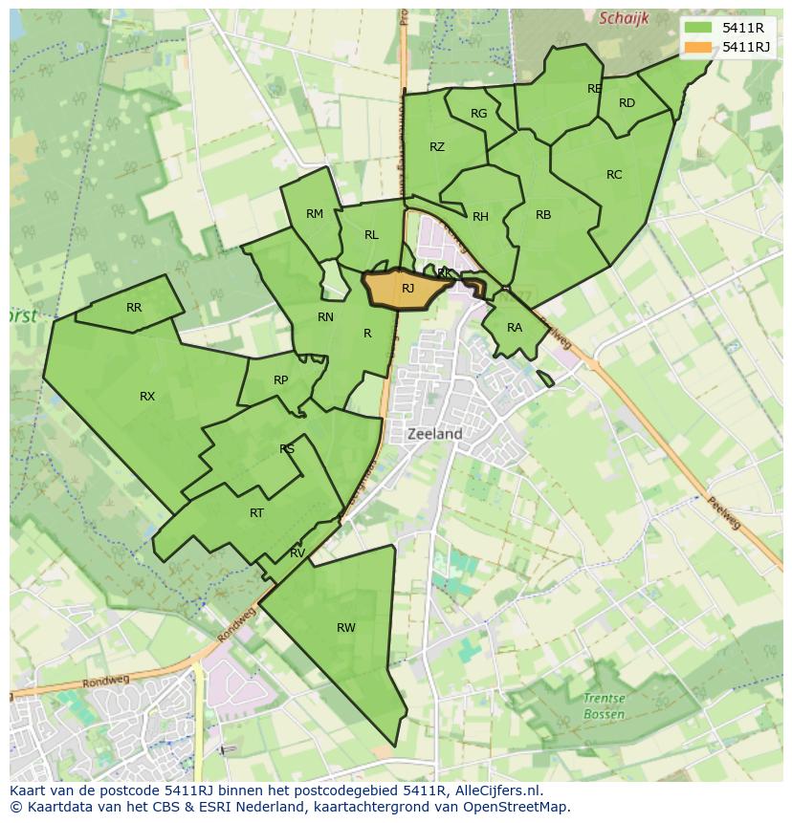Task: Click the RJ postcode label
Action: [407, 289]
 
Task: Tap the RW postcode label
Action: [346, 628]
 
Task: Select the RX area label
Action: [147, 397]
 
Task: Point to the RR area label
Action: [134, 308]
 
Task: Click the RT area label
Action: [256, 513]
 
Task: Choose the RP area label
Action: [280, 380]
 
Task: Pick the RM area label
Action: [315, 214]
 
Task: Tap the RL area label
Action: [371, 235]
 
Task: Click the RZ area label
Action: [437, 147]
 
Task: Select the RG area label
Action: [479, 114]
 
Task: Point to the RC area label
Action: [614, 175]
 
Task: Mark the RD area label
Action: [627, 103]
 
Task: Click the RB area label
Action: [543, 215]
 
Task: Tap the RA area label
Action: [515, 328]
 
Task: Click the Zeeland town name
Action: [435, 434]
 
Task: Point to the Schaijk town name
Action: [624, 18]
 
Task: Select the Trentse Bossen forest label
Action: [604, 706]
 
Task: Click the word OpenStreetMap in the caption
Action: [520, 807]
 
